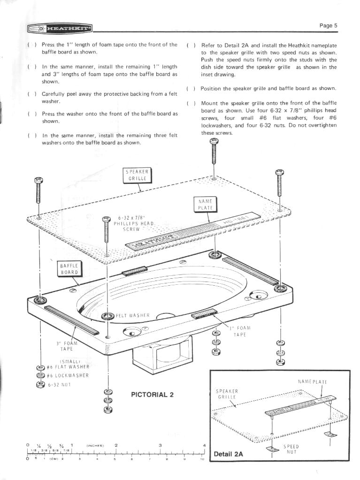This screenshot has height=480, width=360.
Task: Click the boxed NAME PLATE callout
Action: (x=204, y=204)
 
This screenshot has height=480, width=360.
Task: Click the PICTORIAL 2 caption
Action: (x=152, y=394)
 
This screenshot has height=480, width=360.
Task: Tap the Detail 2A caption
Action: (x=229, y=454)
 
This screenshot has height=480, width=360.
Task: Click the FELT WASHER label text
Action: (x=132, y=315)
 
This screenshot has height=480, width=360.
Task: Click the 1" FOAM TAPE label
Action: (x=240, y=331)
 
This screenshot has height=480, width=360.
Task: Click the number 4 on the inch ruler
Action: (x=204, y=445)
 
